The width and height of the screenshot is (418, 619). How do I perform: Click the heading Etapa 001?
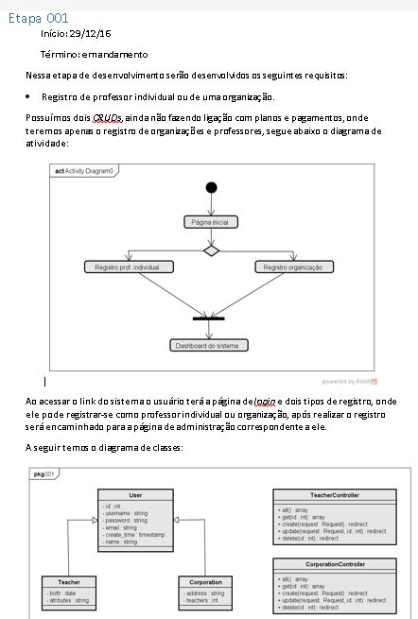[38, 18]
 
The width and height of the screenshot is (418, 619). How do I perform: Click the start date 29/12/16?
[90, 34]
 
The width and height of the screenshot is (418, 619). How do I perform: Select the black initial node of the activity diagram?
[211, 187]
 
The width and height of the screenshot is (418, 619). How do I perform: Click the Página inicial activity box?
[211, 221]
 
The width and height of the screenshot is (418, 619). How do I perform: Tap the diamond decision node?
[211, 250]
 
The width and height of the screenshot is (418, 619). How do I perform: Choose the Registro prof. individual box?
[128, 267]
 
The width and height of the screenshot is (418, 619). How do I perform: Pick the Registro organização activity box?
[293, 267]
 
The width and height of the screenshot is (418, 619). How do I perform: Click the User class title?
[136, 495]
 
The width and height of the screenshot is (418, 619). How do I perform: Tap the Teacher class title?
[68, 582]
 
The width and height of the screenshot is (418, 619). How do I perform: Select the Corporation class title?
[205, 582]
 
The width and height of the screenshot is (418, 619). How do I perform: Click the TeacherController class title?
[335, 495]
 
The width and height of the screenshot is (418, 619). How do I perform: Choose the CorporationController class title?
[335, 564]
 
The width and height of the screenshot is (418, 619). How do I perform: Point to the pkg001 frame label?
[44, 473]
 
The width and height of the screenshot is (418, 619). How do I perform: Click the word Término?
[58, 54]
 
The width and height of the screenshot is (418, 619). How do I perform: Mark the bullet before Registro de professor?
[29, 96]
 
